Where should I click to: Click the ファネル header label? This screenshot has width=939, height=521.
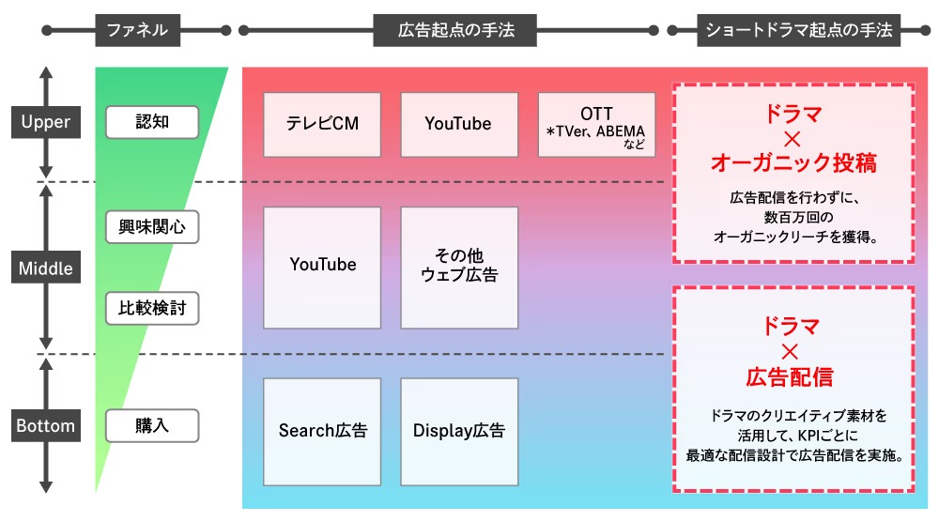click(x=137, y=31)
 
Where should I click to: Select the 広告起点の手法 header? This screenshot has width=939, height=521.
click(x=455, y=31)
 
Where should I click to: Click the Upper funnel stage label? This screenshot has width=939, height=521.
click(x=45, y=122)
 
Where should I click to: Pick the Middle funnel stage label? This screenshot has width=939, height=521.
click(x=45, y=268)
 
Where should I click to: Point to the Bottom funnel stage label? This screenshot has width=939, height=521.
click(x=45, y=425)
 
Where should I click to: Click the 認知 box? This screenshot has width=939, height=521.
click(x=152, y=122)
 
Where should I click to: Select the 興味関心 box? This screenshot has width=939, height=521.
click(x=152, y=226)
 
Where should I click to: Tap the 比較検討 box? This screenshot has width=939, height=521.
click(x=152, y=308)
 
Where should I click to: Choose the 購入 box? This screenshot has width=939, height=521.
click(x=152, y=425)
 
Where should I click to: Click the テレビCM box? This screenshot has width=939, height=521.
click(x=322, y=124)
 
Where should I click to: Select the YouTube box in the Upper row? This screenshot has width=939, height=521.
click(x=458, y=124)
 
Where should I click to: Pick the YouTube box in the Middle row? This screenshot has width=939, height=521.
click(x=322, y=267)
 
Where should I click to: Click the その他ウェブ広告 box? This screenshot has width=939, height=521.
click(x=458, y=267)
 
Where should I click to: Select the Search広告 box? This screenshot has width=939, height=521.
click(x=322, y=430)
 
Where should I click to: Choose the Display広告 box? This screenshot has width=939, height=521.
click(x=458, y=430)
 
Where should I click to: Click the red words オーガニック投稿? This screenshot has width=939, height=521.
click(x=793, y=163)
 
